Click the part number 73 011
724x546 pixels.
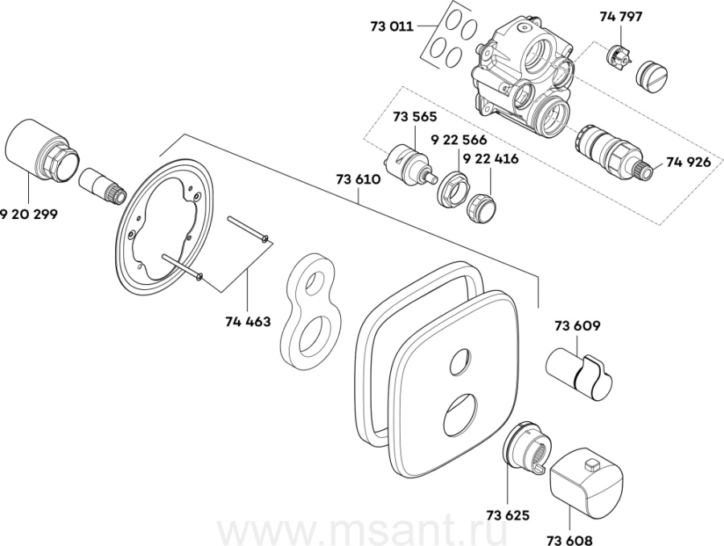(392, 27)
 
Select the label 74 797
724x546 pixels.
(621, 16)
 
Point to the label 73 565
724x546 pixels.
(413, 118)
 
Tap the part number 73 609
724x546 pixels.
(577, 326)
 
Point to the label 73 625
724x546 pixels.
(508, 510)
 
